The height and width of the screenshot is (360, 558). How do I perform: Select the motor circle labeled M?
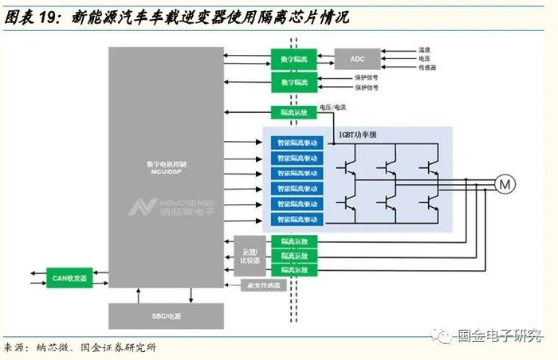(505, 185)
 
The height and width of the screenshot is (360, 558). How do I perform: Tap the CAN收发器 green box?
(69, 278)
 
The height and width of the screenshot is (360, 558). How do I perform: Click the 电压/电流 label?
(333, 108)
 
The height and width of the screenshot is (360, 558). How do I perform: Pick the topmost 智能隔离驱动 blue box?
(294, 143)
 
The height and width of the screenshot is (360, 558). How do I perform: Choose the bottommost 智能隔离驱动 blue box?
(294, 219)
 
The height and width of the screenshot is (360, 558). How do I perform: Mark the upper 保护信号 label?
(366, 77)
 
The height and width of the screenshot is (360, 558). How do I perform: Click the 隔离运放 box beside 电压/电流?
(293, 112)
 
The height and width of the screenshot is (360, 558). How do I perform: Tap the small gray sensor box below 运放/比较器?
(261, 284)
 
